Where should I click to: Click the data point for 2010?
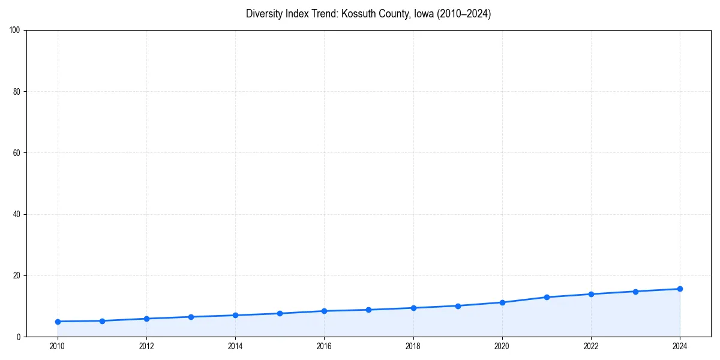click(x=58, y=322)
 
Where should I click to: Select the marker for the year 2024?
click(x=680, y=289)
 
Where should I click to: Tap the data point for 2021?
click(x=547, y=297)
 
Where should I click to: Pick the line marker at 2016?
click(x=324, y=311)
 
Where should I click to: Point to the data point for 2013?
click(x=191, y=317)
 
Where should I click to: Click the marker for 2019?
click(x=458, y=306)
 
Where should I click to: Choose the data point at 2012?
click(x=146, y=319)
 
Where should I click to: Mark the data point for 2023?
click(x=635, y=292)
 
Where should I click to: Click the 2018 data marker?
click(x=413, y=308)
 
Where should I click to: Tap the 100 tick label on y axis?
click(x=16, y=31)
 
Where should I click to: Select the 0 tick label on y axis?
click(x=19, y=337)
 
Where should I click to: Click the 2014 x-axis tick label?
click(x=235, y=346)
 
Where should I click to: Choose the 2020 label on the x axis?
click(x=502, y=346)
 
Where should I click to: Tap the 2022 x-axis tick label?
click(x=591, y=346)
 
